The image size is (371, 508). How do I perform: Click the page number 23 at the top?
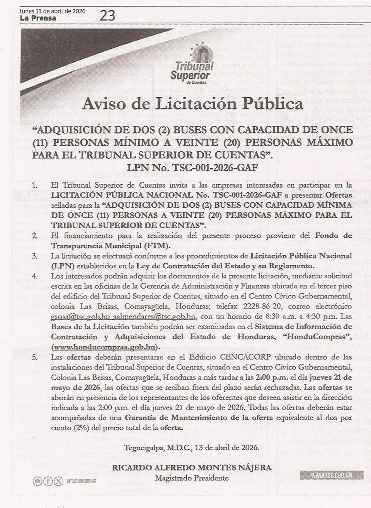coord(107,15)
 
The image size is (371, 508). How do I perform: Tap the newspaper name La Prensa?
coord(38,18)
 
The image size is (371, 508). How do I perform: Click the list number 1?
coord(34,185)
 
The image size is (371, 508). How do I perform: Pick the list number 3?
coord(34,256)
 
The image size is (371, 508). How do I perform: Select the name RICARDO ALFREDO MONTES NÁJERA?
coord(192,468)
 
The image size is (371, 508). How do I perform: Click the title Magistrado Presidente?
coord(192,478)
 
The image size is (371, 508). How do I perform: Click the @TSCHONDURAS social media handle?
coord(81,481)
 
